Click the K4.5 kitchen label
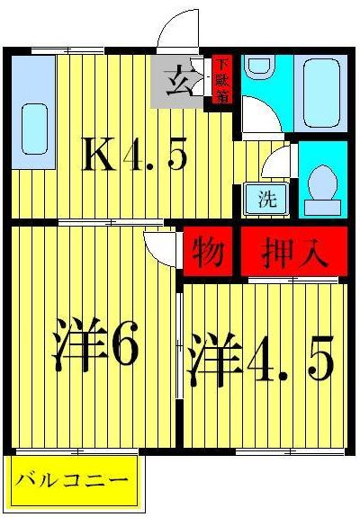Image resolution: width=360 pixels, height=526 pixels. [x=135, y=157]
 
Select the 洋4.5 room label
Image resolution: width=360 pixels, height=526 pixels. [x=261, y=360]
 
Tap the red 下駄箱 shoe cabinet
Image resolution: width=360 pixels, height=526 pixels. [x=221, y=81]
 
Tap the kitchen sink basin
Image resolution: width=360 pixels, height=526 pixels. [x=33, y=130]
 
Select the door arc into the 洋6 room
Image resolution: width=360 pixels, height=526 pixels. [x=160, y=245]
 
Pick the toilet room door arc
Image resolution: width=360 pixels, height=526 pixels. [x=278, y=164]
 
